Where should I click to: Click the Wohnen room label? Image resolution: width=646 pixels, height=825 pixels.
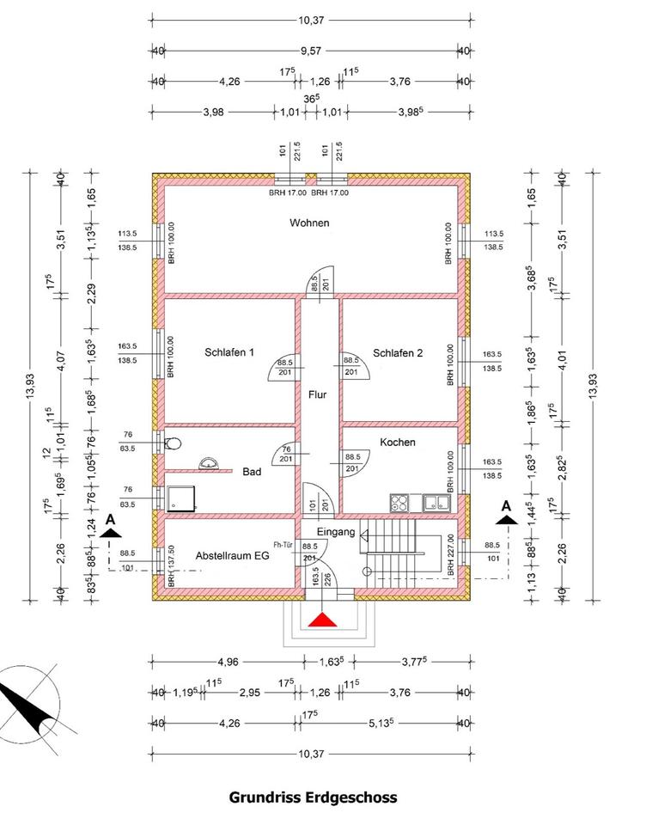[x=309, y=223]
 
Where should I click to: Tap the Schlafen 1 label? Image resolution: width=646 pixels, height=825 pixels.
[x=229, y=351]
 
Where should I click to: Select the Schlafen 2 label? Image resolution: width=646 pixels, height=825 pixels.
[x=398, y=351]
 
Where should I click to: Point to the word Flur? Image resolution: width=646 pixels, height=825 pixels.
[x=318, y=395]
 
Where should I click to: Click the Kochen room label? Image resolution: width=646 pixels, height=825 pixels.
[x=398, y=443]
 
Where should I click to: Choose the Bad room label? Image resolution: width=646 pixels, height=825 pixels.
[x=252, y=471]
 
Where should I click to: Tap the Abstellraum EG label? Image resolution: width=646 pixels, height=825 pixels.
[x=233, y=555]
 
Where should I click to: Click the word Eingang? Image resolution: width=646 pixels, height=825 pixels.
[x=341, y=533]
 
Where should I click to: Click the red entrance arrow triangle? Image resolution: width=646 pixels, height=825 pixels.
[x=322, y=621]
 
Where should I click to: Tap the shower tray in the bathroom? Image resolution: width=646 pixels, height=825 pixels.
[x=181, y=499]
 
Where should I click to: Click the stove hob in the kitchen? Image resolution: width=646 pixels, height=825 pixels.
[x=401, y=503]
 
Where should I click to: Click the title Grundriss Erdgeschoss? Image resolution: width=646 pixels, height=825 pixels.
[x=313, y=797]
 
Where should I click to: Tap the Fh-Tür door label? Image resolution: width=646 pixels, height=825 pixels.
[x=284, y=545]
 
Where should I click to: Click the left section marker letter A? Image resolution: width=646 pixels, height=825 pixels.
[x=110, y=521]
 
